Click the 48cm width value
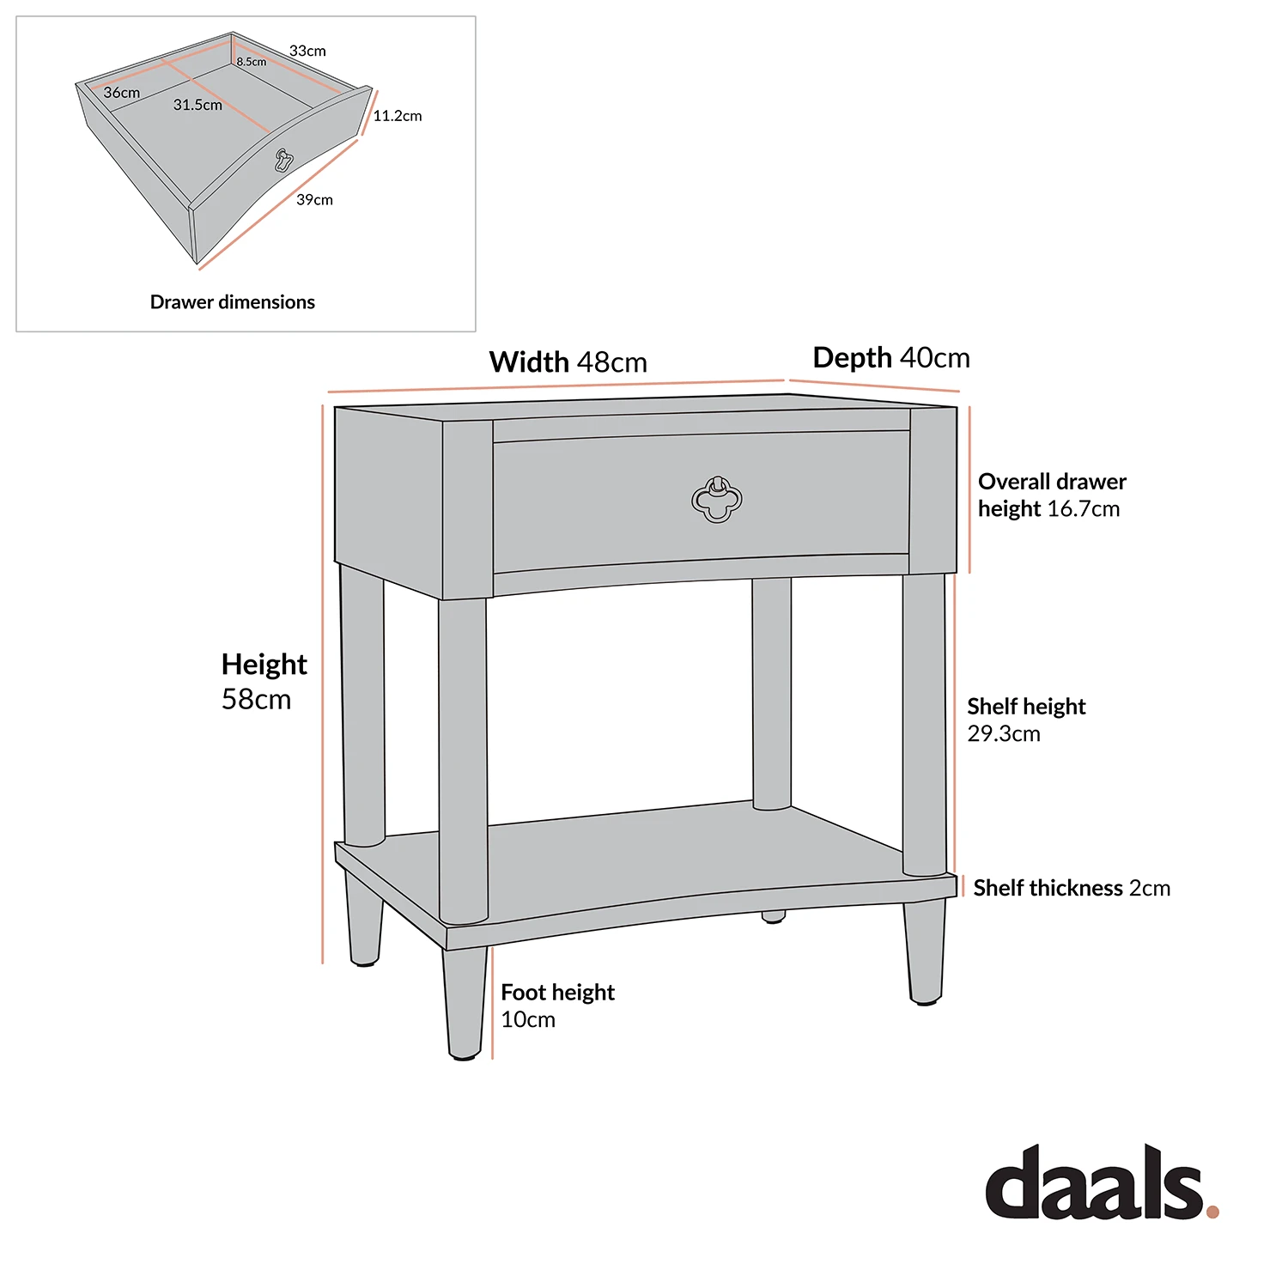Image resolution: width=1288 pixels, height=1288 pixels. coord(611,362)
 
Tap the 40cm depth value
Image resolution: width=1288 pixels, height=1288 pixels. coord(934,358)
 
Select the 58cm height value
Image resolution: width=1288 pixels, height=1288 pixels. coord(256,699)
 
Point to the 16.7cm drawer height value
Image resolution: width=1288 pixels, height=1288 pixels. coord(1083,509)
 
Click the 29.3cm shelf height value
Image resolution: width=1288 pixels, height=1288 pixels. coord(1004,734)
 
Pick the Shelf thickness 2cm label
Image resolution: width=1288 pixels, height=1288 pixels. coord(1072,888)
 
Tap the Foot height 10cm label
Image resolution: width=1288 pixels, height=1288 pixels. coord(557,1005)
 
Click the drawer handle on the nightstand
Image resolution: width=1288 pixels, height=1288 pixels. coord(716,500)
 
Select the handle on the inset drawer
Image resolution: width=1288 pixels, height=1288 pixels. coord(284,160)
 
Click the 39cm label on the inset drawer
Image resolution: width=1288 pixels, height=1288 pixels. coord(314,200)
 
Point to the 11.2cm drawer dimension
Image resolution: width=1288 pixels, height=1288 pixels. coord(398,116)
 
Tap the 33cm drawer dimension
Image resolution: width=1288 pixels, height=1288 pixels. coord(307,52)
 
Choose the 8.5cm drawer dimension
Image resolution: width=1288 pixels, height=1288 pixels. coord(252,62)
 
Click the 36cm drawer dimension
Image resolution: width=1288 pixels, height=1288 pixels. coord(122,93)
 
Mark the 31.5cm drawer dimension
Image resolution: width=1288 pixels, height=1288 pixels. coord(197,105)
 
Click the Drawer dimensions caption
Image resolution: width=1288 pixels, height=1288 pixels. coord(232,302)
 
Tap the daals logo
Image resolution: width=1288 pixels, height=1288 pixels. coord(1095,1182)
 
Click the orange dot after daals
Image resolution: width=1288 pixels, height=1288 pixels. coord(1212,1212)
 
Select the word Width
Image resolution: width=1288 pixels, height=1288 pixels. coord(529,362)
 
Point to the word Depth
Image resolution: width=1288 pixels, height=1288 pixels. coord(853,358)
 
